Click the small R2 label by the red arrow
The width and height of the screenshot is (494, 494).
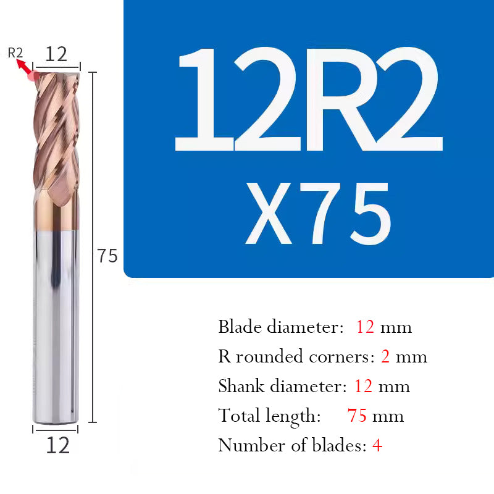[15, 52]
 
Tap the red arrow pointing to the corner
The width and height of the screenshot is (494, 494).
[24, 66]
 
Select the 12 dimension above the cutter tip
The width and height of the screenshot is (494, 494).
[56, 54]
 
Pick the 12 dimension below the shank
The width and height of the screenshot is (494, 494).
[57, 445]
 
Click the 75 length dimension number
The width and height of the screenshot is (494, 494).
[107, 256]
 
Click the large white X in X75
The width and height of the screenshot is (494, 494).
[268, 213]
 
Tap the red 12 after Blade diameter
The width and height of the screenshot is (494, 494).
[365, 327]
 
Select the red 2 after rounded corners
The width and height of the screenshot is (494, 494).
[385, 357]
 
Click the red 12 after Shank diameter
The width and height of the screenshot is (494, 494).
[363, 387]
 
